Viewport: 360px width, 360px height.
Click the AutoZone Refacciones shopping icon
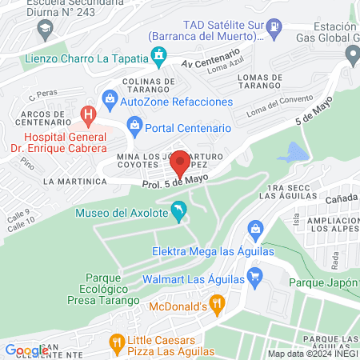point(110,102)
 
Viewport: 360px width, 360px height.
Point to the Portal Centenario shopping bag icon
point(134,127)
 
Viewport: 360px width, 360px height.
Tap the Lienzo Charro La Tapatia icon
point(159,56)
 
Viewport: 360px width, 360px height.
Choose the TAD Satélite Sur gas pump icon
point(274,27)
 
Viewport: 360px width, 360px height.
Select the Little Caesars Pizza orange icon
point(118,343)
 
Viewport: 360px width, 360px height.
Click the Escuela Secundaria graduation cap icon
point(44,29)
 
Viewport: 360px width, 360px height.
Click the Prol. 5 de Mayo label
point(170,182)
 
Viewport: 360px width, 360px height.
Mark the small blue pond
point(295,152)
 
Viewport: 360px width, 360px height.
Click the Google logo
point(26,350)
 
